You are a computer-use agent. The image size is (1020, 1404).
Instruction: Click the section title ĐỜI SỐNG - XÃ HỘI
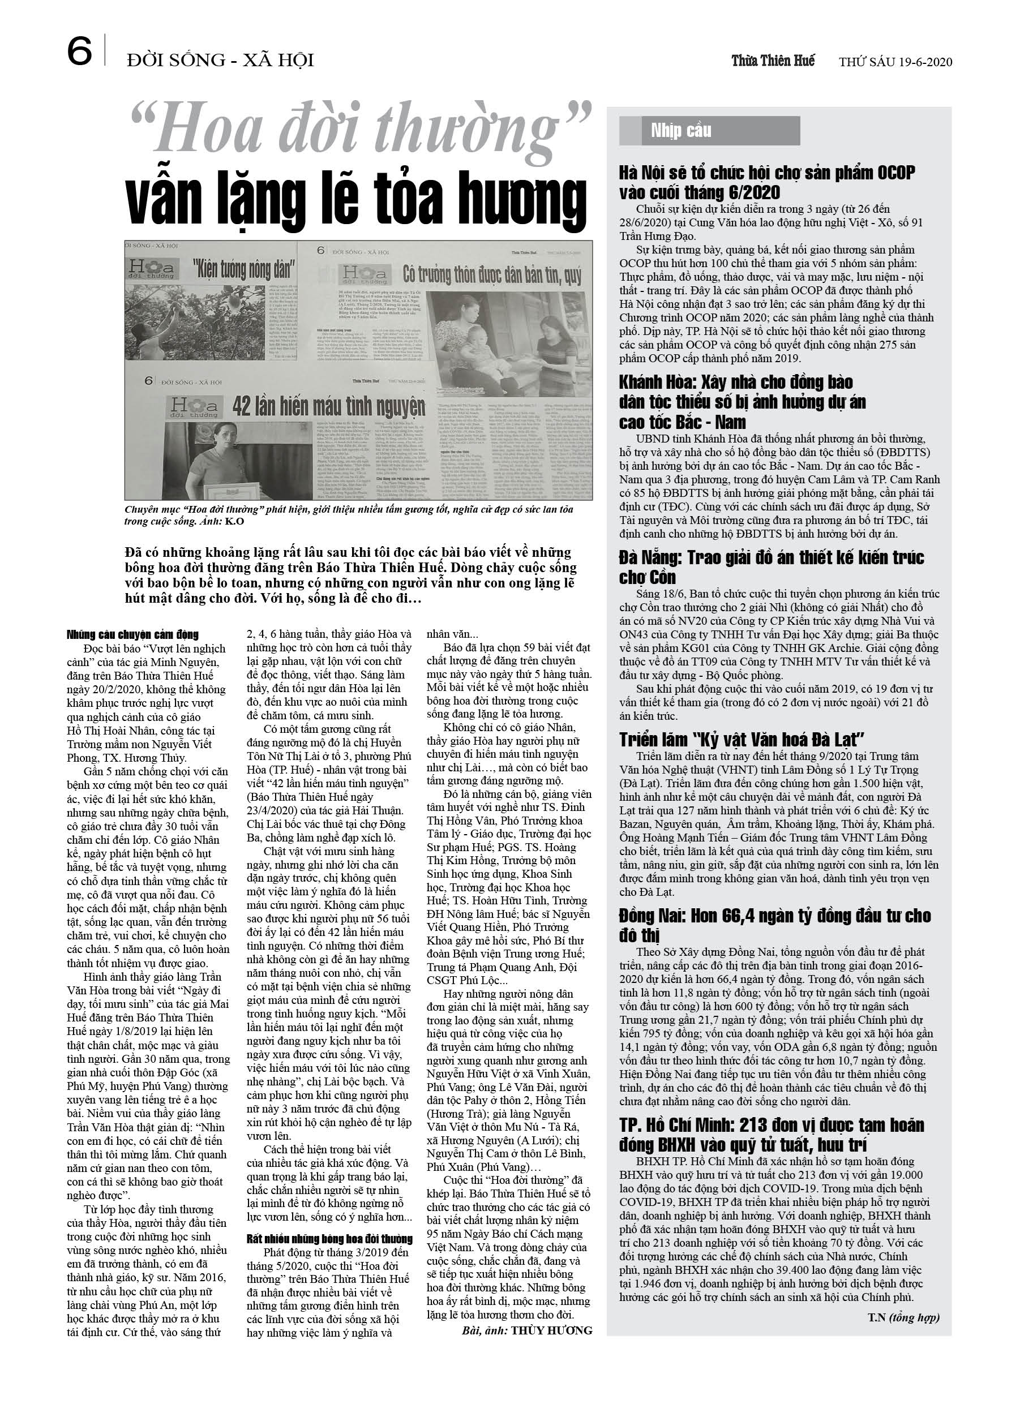[220, 61]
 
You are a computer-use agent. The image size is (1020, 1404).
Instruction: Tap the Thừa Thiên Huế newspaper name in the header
[773, 61]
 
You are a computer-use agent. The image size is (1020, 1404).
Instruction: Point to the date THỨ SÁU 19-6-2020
[895, 62]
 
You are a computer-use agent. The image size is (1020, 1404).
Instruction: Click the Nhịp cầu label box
[709, 131]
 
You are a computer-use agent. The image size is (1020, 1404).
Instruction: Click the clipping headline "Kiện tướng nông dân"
[243, 269]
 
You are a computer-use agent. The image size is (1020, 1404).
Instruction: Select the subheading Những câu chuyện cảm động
[132, 634]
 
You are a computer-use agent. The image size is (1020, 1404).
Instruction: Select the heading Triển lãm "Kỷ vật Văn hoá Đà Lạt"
[742, 739]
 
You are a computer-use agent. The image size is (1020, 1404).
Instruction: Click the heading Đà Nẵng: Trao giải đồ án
[772, 567]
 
